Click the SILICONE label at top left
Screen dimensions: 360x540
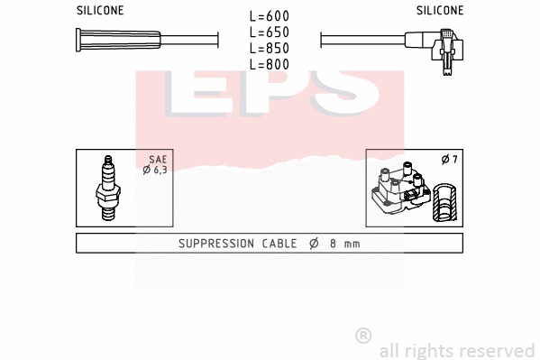coord(99,11)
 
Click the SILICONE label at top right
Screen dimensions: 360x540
coord(440,11)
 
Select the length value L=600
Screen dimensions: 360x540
coord(269,16)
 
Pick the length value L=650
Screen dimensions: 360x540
coord(269,32)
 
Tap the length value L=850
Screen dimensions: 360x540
coord(269,49)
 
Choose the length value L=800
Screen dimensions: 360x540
coord(269,65)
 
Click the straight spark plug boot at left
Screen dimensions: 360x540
coord(118,41)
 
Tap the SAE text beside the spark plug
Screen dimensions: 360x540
coord(157,159)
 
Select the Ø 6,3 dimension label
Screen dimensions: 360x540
coord(154,170)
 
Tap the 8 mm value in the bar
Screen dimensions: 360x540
coord(343,244)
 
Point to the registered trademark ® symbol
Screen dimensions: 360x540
coord(363,336)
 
